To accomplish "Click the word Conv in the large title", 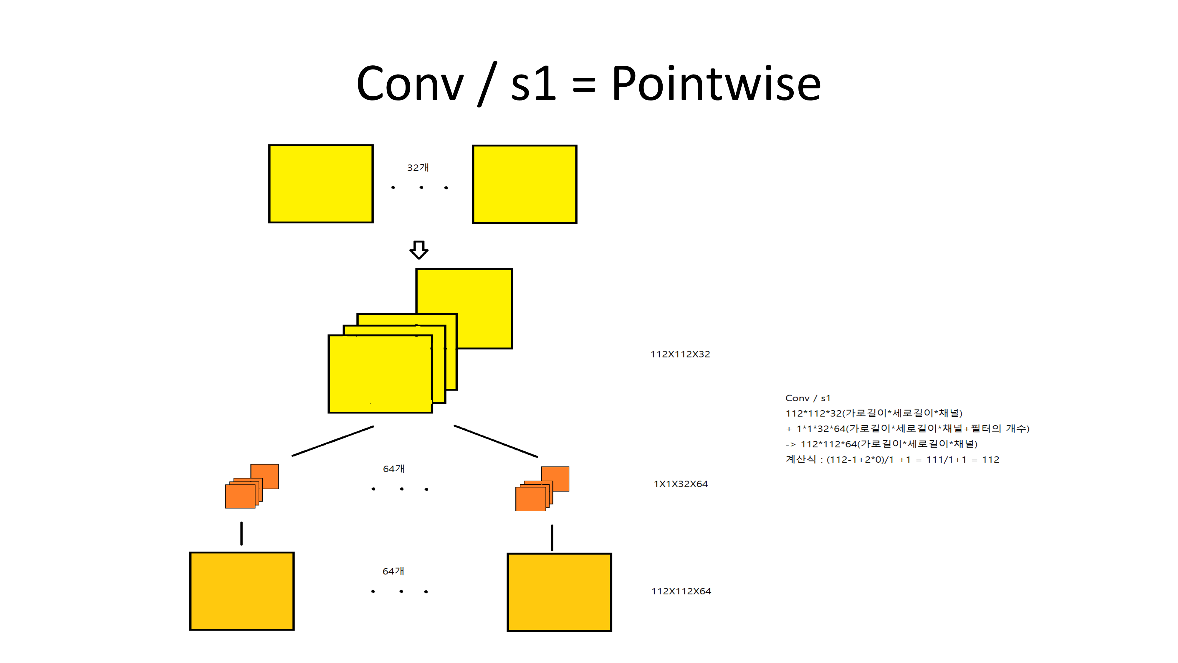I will click(x=410, y=85).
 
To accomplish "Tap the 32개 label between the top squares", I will click(x=418, y=167).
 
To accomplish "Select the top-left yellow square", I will click(x=321, y=184).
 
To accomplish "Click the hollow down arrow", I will click(x=418, y=250).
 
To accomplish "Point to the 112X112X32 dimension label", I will click(x=680, y=354).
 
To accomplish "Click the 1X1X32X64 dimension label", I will click(x=681, y=484).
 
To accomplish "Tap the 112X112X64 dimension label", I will click(x=681, y=591).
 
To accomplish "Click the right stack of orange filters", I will click(x=542, y=489).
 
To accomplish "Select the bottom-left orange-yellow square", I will click(x=242, y=591).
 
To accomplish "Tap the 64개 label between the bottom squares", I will click(x=393, y=571).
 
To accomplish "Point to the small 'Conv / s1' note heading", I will click(x=808, y=398).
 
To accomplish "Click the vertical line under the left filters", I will click(x=241, y=534).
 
